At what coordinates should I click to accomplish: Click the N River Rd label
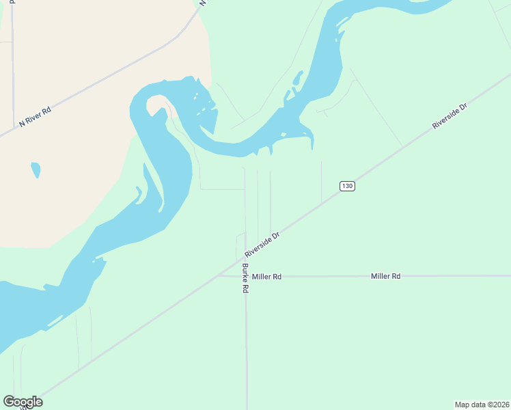pyautogui.click(x=36, y=116)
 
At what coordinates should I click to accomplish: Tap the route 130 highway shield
pyautogui.click(x=347, y=186)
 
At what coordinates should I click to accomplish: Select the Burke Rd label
pyautogui.click(x=245, y=279)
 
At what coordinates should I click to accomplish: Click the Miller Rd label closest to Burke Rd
pyautogui.click(x=266, y=277)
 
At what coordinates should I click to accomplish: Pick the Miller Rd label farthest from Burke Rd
pyautogui.click(x=385, y=276)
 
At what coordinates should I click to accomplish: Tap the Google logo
pyautogui.click(x=23, y=402)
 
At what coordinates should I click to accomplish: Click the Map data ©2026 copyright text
pyautogui.click(x=482, y=404)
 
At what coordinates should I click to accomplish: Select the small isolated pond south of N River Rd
pyautogui.click(x=36, y=169)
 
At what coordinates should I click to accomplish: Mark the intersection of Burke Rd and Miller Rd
pyautogui.click(x=246, y=276)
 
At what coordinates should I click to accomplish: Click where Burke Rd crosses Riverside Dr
pyautogui.click(x=246, y=258)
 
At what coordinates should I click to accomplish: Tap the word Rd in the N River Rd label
pyautogui.click(x=46, y=111)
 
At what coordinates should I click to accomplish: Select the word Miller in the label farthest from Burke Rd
pyautogui.click(x=381, y=276)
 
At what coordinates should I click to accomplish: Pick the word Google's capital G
pyautogui.click(x=9, y=402)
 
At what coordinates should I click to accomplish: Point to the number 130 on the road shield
pyautogui.click(x=347, y=186)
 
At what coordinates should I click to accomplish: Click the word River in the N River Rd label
pyautogui.click(x=33, y=118)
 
